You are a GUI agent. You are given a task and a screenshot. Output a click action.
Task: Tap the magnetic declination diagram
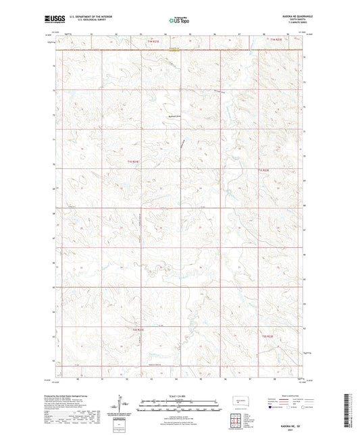(x=123, y=405)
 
